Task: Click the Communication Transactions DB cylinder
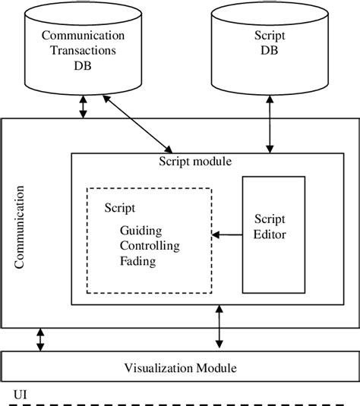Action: pyautogui.click(x=84, y=53)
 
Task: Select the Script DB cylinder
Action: pyautogui.click(x=269, y=53)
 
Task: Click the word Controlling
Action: pyautogui.click(x=150, y=246)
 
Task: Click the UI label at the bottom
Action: pyautogui.click(x=21, y=395)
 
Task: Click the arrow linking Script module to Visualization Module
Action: pyautogui.click(x=219, y=328)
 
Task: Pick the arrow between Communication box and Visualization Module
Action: pyautogui.click(x=41, y=340)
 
